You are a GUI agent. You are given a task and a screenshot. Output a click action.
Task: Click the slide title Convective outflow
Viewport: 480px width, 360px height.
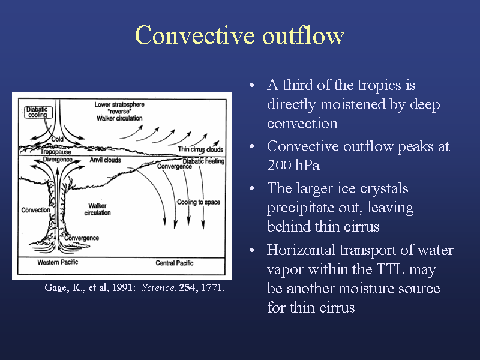pos(239,35)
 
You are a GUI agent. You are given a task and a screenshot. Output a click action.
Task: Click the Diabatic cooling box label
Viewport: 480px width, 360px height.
pos(38,112)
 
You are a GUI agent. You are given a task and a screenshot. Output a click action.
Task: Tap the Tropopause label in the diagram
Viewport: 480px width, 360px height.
pos(56,152)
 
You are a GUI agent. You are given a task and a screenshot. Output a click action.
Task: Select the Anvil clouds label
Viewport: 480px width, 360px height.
pos(106,160)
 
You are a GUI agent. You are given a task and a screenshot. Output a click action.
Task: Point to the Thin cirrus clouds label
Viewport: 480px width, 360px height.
pos(200,149)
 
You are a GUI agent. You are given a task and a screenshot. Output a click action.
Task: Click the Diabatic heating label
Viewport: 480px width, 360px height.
pos(203,161)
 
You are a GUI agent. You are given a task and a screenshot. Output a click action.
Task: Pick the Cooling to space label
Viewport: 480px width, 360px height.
pos(199,202)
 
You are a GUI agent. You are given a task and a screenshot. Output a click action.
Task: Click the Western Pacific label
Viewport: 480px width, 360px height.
pos(58,262)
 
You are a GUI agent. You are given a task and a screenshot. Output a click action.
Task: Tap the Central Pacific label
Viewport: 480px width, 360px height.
pos(175,263)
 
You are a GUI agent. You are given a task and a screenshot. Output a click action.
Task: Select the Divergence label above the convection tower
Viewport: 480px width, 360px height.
pos(58,159)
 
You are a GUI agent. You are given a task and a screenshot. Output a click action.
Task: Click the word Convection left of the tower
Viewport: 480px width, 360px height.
pos(35,210)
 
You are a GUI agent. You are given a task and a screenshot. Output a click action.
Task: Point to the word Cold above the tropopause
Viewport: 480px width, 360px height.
pos(57,139)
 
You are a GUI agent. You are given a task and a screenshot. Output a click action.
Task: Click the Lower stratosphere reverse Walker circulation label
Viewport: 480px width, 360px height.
pos(119,112)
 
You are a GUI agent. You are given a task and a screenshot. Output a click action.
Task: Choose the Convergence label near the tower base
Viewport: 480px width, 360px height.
pos(82,238)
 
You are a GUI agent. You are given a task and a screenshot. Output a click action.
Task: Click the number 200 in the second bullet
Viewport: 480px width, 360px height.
pos(278,166)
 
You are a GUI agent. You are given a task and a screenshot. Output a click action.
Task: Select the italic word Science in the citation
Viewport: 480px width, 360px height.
pos(158,288)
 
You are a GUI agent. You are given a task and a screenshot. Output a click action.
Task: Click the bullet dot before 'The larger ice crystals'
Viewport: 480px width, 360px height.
pos(252,188)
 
